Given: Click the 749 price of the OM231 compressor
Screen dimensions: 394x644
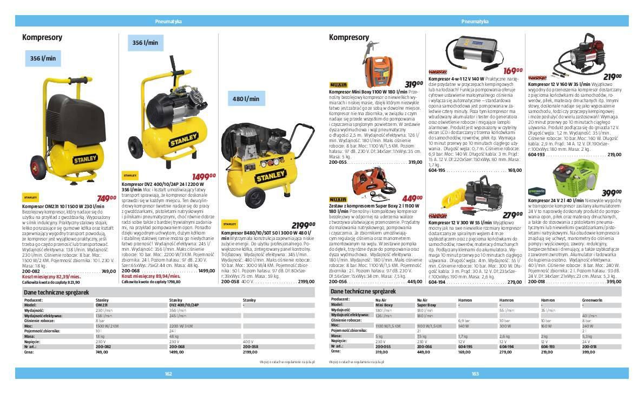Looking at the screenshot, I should (107, 198).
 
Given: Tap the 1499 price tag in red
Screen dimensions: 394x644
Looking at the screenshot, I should (204, 176).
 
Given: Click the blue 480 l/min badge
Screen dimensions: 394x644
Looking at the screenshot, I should (246, 99).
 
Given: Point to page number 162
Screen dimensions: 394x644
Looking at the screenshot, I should (168, 373).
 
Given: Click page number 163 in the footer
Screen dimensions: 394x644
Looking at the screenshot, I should (475, 373).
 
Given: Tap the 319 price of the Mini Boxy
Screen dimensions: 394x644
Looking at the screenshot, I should (413, 84).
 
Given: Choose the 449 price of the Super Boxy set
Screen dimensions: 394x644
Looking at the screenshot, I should (413, 198).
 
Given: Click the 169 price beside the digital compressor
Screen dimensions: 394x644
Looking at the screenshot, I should (512, 71).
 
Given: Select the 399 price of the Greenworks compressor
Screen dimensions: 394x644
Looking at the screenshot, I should (612, 193).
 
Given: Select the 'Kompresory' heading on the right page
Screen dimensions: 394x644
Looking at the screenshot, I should (349, 37).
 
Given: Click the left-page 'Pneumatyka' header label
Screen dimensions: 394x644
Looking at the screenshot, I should (168, 22).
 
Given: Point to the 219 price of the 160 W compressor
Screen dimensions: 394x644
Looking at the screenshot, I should (612, 77).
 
